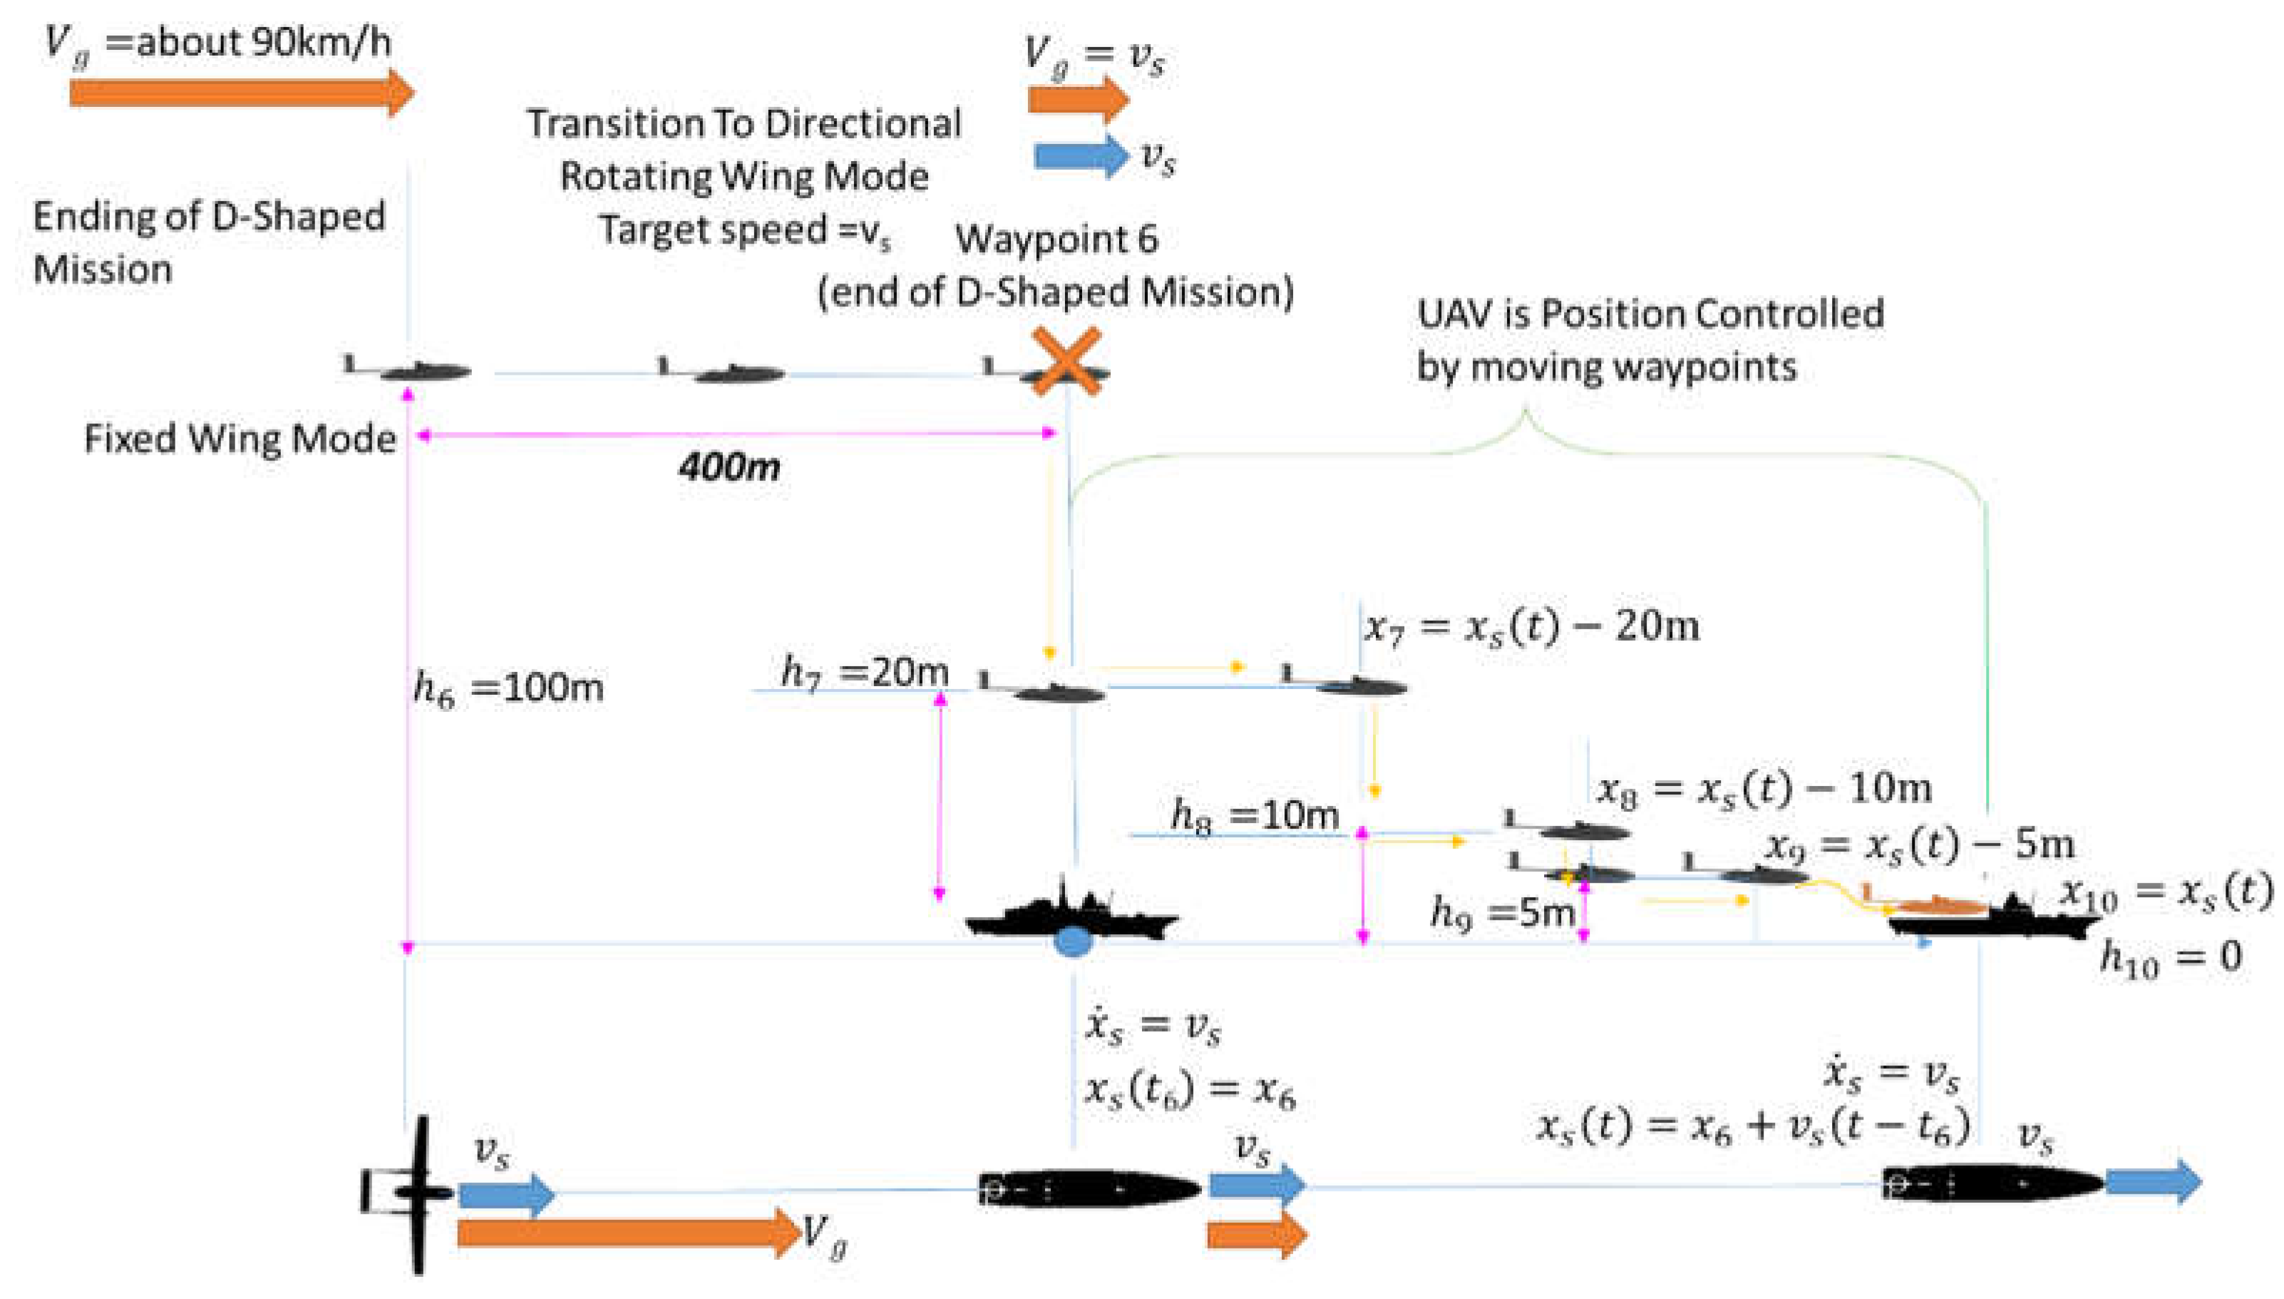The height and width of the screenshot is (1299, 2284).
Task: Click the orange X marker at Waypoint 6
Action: point(1066,361)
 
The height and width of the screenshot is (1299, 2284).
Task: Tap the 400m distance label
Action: point(729,467)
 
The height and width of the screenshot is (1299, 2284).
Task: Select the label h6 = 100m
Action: point(508,688)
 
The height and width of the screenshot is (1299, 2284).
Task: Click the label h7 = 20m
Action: point(864,672)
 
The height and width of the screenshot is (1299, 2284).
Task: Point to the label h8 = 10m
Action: point(1254,815)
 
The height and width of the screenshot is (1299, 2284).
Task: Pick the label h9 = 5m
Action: point(1502,913)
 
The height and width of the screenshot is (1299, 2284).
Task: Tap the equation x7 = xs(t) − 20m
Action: point(1532,627)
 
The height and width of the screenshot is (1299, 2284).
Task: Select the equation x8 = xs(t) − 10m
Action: point(1764,789)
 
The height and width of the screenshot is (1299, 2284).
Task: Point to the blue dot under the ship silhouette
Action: point(1073,941)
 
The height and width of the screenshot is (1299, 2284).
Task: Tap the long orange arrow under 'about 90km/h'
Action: point(241,93)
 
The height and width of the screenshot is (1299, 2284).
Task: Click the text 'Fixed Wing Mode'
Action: point(240,439)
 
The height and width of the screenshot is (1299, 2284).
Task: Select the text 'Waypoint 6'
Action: point(1056,239)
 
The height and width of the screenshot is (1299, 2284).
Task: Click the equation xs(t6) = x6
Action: point(1189,1091)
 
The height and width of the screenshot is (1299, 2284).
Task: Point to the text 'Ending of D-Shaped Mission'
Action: point(209,242)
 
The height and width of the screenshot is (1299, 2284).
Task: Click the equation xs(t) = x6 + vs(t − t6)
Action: point(1753,1127)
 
